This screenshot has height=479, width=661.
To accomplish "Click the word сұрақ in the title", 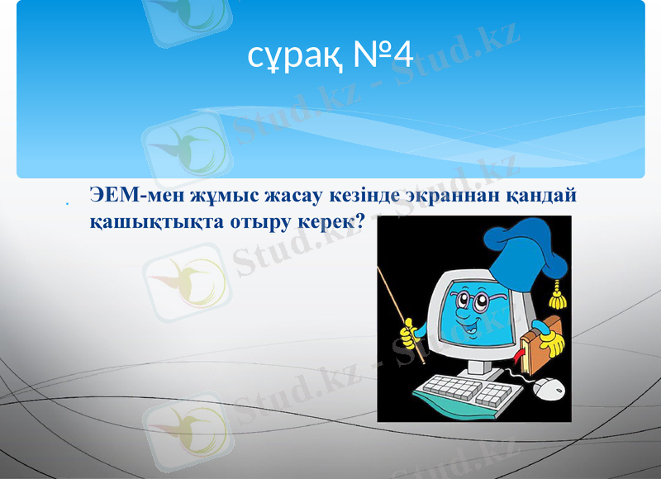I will (x=283, y=56).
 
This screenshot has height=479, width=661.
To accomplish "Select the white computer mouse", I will (x=548, y=387).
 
